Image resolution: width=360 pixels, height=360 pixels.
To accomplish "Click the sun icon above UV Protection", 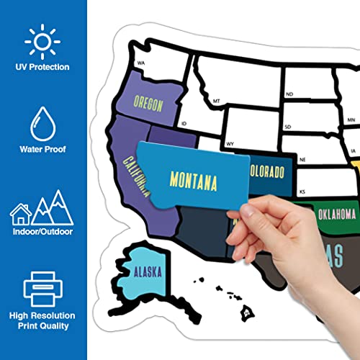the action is point(43,41).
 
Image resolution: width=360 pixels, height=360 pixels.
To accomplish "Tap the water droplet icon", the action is point(43,123).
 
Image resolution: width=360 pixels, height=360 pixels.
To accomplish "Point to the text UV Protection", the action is point(44,67).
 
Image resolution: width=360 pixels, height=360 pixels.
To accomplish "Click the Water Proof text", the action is point(44,150).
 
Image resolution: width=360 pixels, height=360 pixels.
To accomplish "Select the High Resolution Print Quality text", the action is point(44,320).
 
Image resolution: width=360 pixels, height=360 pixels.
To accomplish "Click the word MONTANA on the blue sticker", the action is point(192,180).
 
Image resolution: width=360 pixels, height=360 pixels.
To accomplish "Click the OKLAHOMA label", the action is point(336,213).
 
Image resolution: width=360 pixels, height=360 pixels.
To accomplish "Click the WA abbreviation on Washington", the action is point(141,63).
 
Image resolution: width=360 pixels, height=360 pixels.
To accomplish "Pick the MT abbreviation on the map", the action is point(215,102).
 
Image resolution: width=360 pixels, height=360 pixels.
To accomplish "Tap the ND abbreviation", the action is point(289,94).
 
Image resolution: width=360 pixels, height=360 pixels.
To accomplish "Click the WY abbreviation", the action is point(230,144).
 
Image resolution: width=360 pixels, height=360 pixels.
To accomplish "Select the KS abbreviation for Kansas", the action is point(303,192).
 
